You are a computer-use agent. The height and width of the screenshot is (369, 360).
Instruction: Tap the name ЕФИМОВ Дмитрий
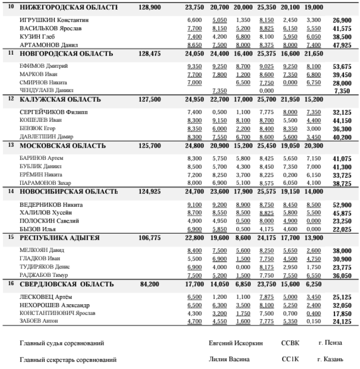tap(44, 66)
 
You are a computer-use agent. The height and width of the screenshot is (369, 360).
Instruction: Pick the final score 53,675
tap(342, 66)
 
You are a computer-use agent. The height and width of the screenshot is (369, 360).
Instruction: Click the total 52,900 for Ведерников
tap(342, 205)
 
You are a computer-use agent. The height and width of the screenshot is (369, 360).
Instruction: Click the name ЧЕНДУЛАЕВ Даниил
tap(47, 90)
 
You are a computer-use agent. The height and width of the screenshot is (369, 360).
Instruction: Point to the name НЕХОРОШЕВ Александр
tap(55, 305)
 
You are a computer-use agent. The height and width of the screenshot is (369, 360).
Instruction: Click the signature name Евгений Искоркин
tap(233, 343)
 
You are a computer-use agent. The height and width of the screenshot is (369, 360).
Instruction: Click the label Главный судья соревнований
tap(62, 343)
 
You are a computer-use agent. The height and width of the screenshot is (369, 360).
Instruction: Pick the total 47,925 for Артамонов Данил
tap(342, 45)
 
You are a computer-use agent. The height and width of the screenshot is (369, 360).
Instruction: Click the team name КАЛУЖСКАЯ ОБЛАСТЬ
tap(60, 99)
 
